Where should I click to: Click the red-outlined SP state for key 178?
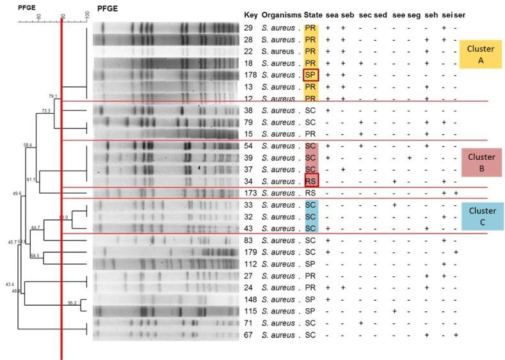311,75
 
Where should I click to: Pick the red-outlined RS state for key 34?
311,181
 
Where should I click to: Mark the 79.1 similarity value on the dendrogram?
53,97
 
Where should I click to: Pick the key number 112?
251,263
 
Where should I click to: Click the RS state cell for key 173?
311,193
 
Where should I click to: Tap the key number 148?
251,299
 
